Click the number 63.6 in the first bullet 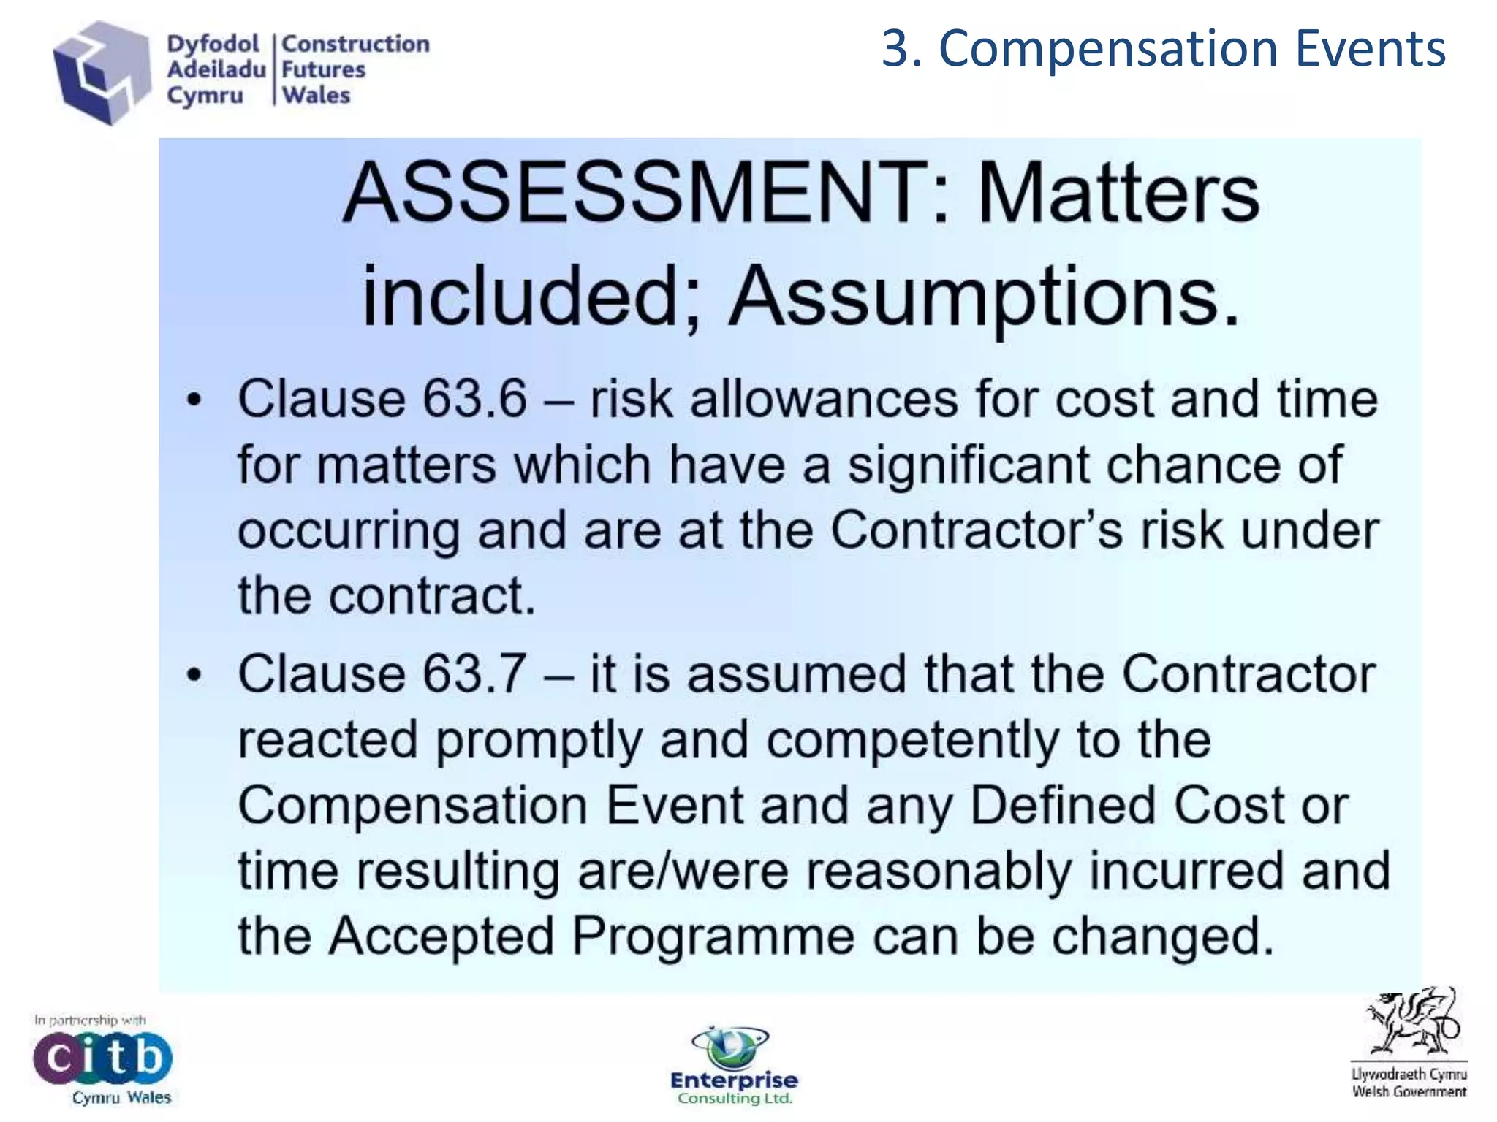coord(474,399)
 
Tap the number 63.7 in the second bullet coord(474,673)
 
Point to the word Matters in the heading coord(1118,194)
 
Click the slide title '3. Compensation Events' coord(1163,50)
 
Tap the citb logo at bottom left coord(102,1058)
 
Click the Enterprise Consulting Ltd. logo coord(734,1066)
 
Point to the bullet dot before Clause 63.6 coord(194,400)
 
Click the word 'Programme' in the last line coord(713,936)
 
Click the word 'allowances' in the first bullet coord(824,399)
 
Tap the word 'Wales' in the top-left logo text coord(317,95)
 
